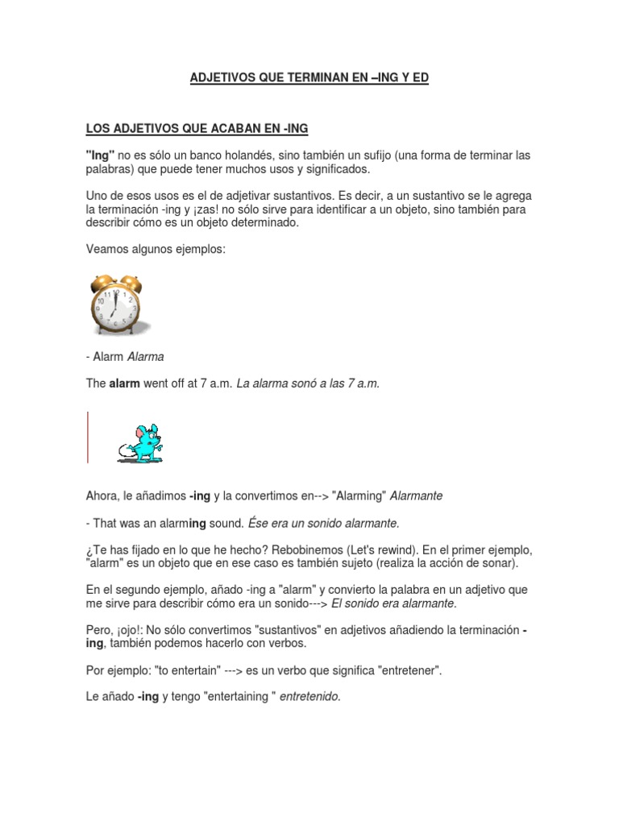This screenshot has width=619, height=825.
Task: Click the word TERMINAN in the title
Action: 300,78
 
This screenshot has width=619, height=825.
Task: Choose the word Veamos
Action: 106,250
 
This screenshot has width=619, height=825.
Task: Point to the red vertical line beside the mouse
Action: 87,437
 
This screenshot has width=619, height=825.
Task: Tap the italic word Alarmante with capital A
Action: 415,495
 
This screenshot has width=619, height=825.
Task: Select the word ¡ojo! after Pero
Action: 132,629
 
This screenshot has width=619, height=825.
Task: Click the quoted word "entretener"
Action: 401,670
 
